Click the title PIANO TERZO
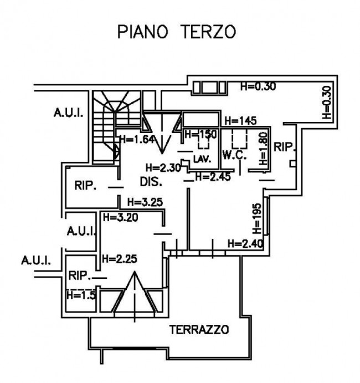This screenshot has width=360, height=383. click(176, 32)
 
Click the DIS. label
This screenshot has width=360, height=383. click(150, 181)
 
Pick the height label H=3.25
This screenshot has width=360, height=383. click(145, 202)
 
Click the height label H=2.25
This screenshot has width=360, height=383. click(119, 258)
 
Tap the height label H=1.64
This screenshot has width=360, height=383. click(135, 140)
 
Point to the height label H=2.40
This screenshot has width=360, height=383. click(245, 243)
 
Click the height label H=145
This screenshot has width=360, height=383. click(239, 121)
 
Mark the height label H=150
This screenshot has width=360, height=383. click(200, 134)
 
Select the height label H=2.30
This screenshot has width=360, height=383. click(161, 167)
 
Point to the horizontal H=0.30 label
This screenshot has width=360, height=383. click(258, 86)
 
